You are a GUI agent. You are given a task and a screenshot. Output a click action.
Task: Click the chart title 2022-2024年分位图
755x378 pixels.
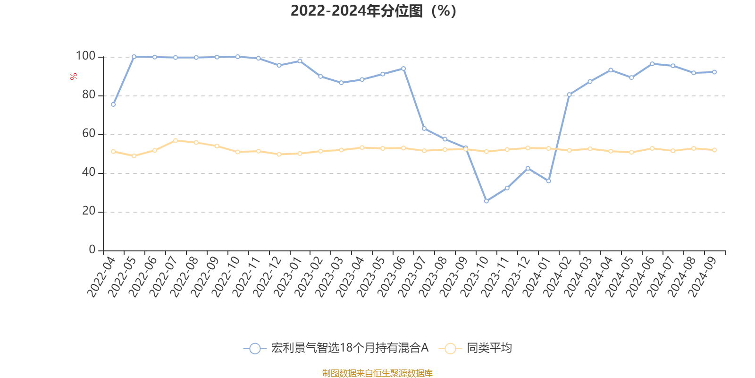(x=373, y=11)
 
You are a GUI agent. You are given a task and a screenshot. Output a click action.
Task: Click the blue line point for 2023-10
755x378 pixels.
(x=486, y=201)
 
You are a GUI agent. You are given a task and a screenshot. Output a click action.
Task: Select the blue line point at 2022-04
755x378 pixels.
(x=113, y=104)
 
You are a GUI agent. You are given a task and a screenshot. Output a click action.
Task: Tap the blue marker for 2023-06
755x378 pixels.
(x=403, y=69)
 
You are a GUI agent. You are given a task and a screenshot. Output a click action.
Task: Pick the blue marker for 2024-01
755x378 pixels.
(x=548, y=181)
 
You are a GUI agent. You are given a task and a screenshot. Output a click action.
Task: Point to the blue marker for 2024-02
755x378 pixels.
(x=569, y=94)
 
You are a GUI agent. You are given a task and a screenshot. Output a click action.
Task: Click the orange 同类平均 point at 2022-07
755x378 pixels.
(x=176, y=140)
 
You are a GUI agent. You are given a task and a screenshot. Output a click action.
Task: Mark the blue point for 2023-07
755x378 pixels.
(x=424, y=129)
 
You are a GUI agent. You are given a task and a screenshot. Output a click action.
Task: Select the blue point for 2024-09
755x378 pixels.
(x=714, y=72)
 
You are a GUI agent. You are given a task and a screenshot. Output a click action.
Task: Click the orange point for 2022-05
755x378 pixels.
(x=134, y=156)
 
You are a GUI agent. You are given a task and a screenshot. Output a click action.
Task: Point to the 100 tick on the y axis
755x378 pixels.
(x=86, y=56)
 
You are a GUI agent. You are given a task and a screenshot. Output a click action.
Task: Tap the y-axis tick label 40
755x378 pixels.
(x=89, y=172)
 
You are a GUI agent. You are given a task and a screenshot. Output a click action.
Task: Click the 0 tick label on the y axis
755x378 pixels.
(x=92, y=250)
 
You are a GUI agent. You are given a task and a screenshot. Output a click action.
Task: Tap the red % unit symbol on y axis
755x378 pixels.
(x=74, y=77)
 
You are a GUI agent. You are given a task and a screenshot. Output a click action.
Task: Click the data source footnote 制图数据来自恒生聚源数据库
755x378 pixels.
(x=377, y=373)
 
